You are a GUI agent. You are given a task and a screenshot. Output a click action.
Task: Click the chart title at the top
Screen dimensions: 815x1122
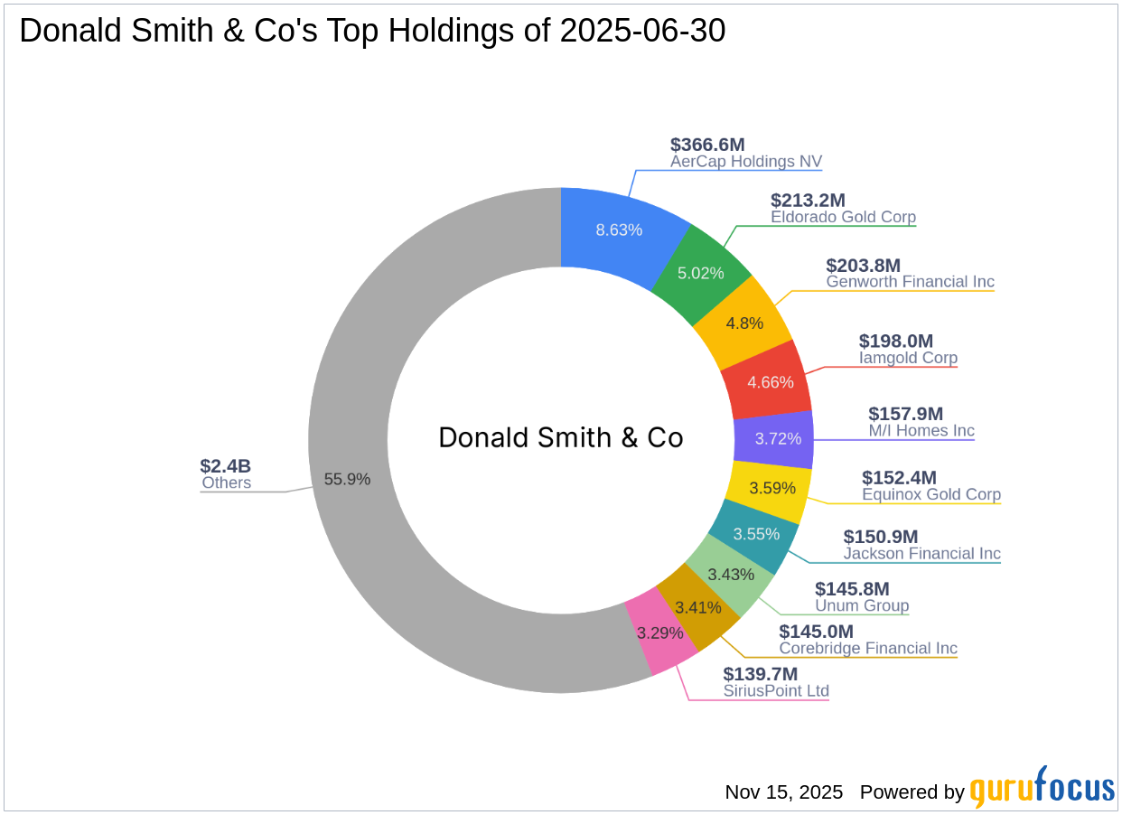tap(372, 32)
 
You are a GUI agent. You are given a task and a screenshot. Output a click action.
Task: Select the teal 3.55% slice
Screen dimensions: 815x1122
tap(755, 534)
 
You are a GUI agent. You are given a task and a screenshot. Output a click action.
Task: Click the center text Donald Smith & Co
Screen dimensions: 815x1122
tap(560, 438)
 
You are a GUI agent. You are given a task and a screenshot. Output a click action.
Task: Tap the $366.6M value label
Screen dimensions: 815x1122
tap(707, 145)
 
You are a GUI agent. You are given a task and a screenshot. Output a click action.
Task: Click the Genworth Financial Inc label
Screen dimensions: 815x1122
tap(910, 282)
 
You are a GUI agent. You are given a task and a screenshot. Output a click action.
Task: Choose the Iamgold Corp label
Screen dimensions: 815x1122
tap(908, 358)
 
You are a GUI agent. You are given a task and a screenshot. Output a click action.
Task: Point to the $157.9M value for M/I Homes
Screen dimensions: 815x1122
tap(905, 414)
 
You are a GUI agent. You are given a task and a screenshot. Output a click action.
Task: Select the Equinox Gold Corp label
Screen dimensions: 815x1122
tap(931, 494)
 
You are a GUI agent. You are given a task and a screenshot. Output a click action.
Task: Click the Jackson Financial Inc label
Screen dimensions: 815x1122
tap(921, 553)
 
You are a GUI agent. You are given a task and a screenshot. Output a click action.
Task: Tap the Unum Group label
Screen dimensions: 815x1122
tap(862, 605)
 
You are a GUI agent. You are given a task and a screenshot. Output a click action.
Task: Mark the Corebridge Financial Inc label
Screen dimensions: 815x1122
tap(868, 648)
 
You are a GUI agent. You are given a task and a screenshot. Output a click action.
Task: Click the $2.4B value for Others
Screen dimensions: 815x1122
tap(225, 466)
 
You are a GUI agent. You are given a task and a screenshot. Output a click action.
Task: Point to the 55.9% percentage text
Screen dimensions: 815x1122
tap(347, 480)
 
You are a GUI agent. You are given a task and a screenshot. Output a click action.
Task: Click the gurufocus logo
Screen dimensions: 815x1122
tap(1042, 788)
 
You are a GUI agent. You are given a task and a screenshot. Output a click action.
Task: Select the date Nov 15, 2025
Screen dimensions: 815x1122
tap(783, 792)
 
